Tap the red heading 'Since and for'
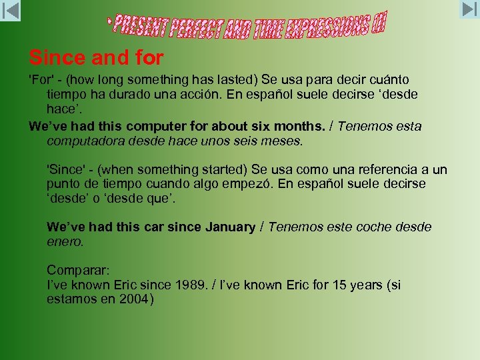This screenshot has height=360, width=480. tap(96, 58)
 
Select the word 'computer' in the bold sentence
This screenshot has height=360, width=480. tap(153, 126)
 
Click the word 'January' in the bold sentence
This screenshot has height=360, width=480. tap(230, 227)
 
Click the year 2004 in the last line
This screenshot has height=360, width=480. tap(135, 299)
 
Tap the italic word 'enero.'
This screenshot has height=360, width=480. tap(65, 242)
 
